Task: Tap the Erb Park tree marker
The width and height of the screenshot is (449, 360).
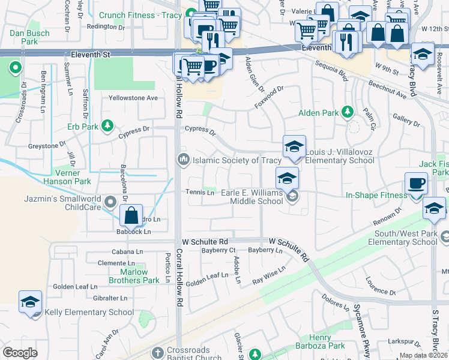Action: coord(107,125)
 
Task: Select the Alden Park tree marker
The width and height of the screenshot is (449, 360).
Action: coord(347,112)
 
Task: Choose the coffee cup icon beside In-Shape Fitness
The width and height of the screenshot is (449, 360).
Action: coord(416,184)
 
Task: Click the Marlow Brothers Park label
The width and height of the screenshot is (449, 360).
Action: coord(134,276)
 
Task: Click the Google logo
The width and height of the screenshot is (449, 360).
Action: coord(20,353)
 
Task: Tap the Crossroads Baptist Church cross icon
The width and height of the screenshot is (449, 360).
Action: coord(158,352)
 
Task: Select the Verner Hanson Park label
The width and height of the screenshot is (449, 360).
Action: coord(66,177)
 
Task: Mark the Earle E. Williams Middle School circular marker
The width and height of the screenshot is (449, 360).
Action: coord(292,196)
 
